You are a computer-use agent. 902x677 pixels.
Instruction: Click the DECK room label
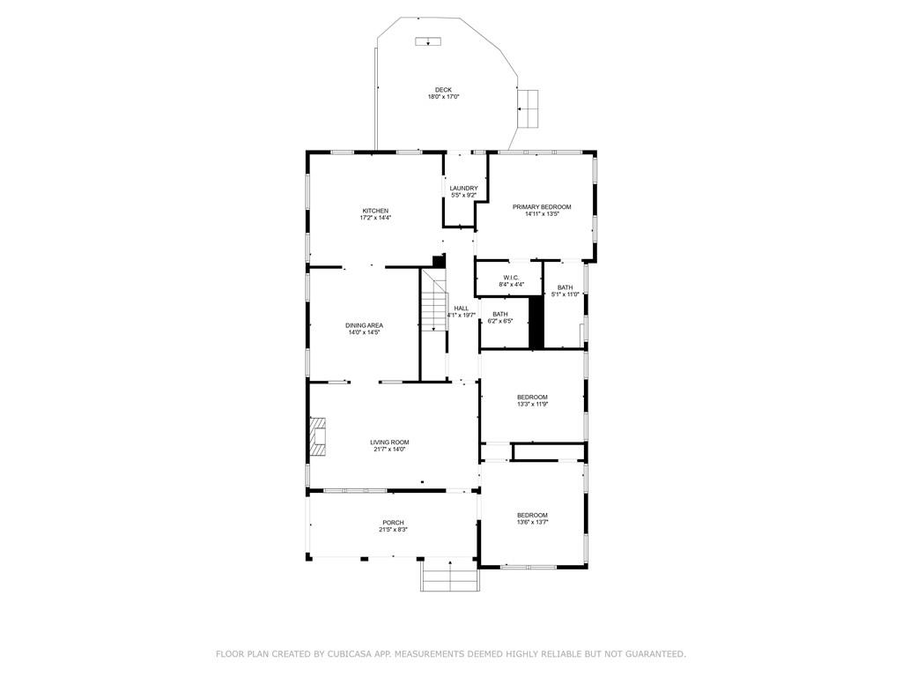tap(443, 90)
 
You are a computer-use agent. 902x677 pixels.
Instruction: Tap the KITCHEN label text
tap(375, 211)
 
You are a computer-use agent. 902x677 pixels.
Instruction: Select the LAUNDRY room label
tap(463, 188)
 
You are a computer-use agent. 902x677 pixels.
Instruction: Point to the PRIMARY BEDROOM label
tap(542, 207)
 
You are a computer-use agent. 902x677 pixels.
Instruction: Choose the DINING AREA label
tap(364, 325)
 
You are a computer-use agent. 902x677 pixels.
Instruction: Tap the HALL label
tap(461, 308)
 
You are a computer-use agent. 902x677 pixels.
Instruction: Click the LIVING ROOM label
tap(388, 443)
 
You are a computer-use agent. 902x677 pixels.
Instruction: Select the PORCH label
tap(393, 523)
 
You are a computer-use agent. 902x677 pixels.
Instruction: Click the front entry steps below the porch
tap(449, 578)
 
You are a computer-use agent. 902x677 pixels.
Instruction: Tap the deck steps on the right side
tap(528, 108)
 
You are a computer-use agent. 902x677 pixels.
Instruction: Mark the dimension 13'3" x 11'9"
tap(532, 404)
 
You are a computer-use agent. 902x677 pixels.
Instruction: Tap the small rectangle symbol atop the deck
tap(428, 41)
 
